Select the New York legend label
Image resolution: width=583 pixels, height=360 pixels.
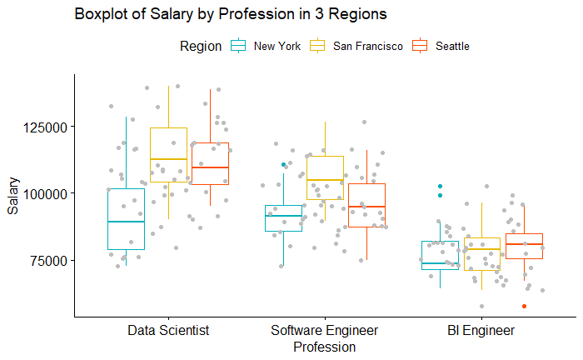pyautogui.click(x=277, y=46)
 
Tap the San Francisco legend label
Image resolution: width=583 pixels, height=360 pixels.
pyautogui.click(x=367, y=46)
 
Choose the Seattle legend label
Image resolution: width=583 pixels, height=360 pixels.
pyautogui.click(x=452, y=46)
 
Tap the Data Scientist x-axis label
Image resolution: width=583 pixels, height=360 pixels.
pyautogui.click(x=168, y=331)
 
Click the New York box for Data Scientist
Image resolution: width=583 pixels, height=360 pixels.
pyautogui.click(x=127, y=218)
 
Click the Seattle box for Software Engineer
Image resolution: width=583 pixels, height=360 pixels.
pyautogui.click(x=366, y=205)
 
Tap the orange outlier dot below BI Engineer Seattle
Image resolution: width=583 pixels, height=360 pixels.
pyautogui.click(x=524, y=306)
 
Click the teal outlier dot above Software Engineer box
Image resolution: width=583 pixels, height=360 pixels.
pyautogui.click(x=284, y=165)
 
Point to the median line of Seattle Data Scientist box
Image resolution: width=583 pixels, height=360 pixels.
pyautogui.click(x=210, y=167)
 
